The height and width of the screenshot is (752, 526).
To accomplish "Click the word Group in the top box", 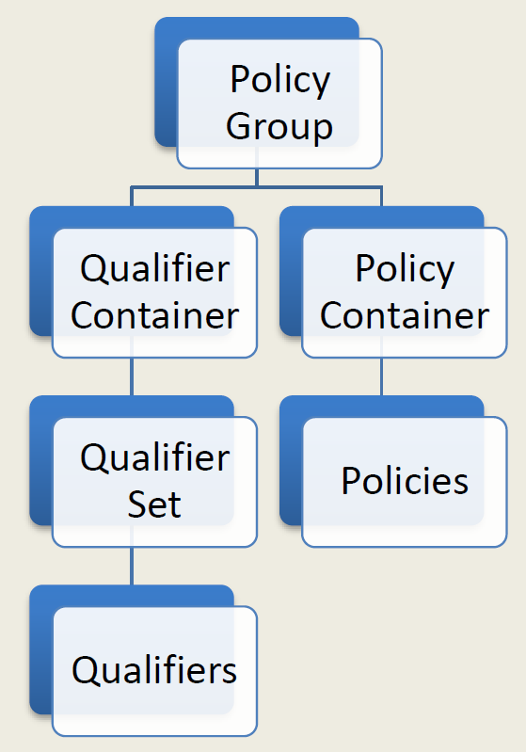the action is tap(279, 128).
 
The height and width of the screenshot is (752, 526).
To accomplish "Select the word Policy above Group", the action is tap(280, 81).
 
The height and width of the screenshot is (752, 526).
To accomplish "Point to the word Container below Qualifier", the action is tap(155, 315).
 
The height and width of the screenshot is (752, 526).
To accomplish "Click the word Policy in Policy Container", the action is tap(405, 269).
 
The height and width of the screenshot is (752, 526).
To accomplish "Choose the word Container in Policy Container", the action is tap(405, 315).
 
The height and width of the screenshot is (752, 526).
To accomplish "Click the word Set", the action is tap(154, 504).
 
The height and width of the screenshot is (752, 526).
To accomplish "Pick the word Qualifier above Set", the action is tap(155, 457).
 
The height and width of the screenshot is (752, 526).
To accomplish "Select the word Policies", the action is tap(405, 480).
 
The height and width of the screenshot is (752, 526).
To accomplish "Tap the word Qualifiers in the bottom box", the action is tap(154, 669).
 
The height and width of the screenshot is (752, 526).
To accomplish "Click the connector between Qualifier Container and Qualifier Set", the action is tap(132, 376).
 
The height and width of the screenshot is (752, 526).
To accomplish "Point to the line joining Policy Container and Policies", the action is tap(382, 376).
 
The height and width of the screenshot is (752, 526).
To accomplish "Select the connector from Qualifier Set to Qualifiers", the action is tap(132, 566).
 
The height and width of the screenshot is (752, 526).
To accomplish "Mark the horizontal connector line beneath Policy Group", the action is tap(257, 186).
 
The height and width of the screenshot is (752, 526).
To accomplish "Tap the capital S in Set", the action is tap(137, 504).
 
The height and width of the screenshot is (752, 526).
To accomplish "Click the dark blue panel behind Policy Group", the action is tap(166, 82).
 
